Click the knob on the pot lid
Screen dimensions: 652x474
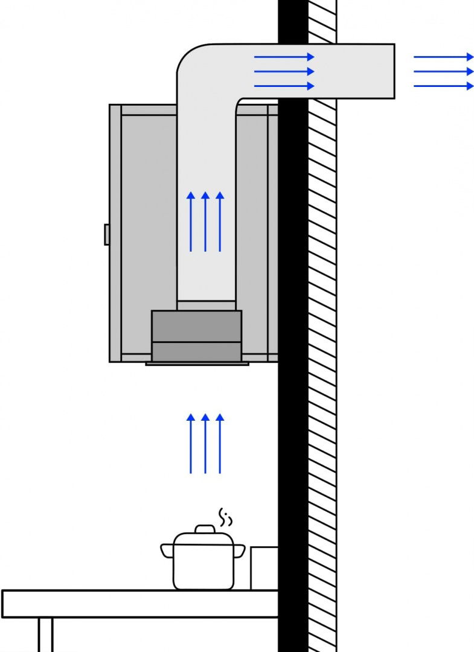205,529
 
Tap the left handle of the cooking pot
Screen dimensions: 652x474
167,551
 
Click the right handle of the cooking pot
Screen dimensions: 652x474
240,551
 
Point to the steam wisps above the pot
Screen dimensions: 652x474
225,516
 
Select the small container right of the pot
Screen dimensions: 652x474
264,567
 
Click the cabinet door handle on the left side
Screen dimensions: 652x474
107,234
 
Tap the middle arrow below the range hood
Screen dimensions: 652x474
205,444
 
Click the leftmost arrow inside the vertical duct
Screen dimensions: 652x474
191,222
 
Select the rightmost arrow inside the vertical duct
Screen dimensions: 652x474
220,222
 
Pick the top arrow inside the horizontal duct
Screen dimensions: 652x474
284,57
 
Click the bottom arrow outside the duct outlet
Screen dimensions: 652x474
444,86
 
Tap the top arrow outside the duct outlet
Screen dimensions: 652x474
444,57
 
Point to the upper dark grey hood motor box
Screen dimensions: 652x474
196,326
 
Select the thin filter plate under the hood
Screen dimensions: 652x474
197,364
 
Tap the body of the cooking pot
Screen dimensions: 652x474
203,567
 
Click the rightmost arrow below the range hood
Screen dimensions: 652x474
220,444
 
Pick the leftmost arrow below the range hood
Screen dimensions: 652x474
191,444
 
